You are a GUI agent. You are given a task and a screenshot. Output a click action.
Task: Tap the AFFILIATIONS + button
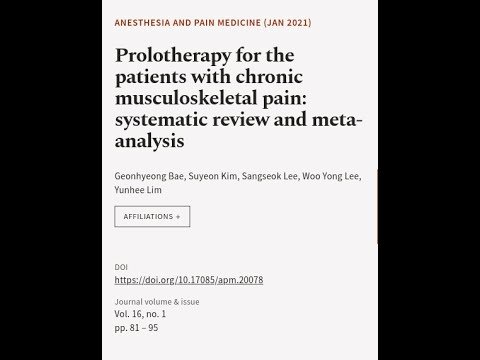coord(152,216)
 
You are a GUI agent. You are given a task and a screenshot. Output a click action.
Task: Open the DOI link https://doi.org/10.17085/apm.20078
coord(189,280)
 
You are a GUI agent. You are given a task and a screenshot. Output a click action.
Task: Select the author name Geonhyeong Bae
coord(149,176)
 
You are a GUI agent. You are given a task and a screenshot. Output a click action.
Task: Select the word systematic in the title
coord(171,122)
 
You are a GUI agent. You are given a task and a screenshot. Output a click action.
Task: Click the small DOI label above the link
coord(121,267)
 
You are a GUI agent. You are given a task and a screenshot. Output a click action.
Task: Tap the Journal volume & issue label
coord(157,301)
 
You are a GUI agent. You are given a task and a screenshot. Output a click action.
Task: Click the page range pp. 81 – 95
coord(137,327)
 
